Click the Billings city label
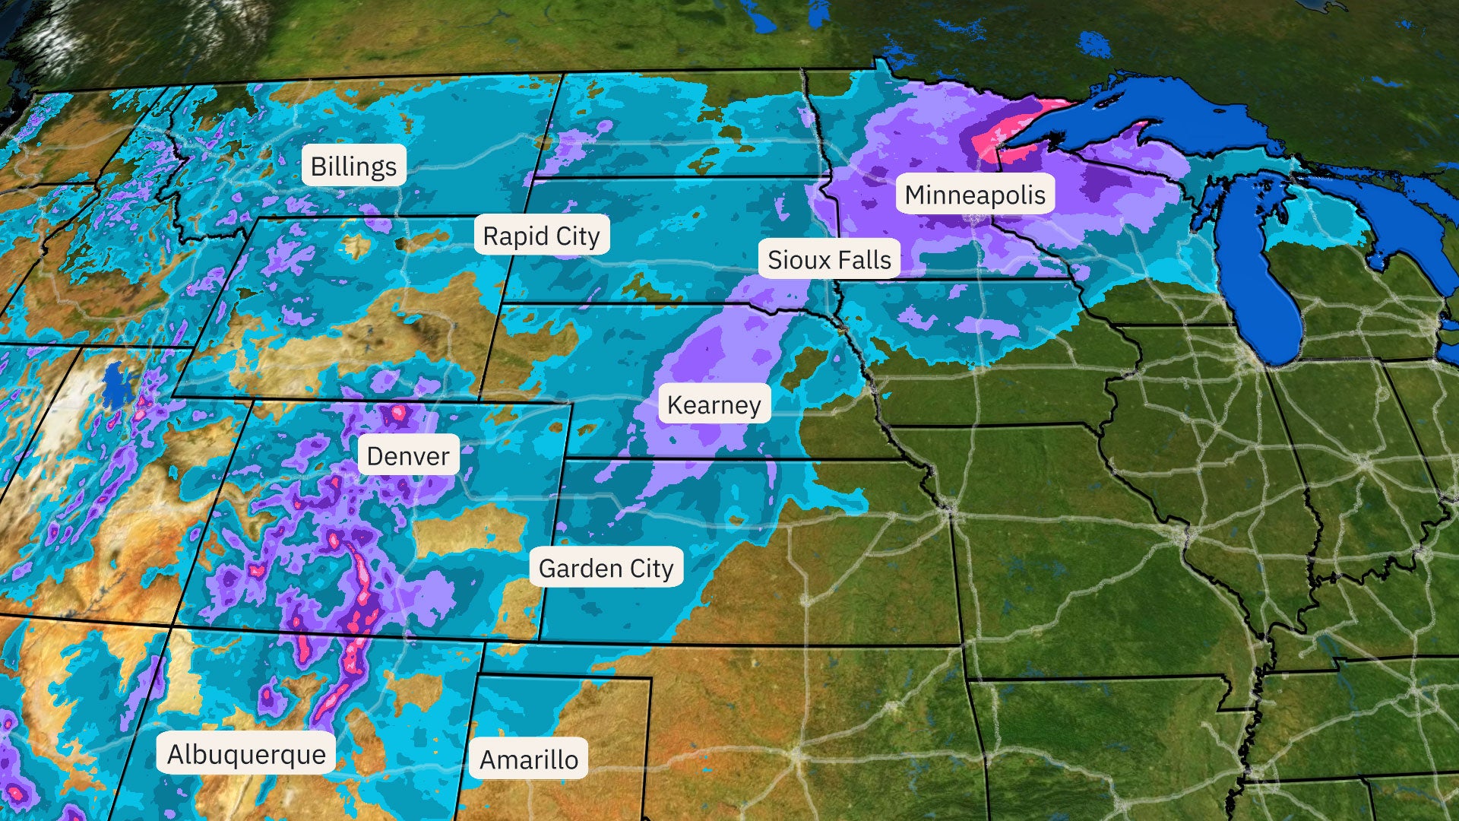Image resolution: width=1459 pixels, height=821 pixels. point(353,166)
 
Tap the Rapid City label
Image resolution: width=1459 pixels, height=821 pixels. point(541,236)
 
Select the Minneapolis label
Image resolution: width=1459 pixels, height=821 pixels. point(975,195)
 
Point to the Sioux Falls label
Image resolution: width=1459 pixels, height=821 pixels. point(829,259)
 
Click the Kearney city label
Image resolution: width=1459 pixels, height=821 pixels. point(714,404)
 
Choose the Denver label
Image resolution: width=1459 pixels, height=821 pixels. point(408,455)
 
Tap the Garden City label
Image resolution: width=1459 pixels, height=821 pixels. point(606,567)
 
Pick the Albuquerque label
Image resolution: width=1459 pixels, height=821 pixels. point(246,753)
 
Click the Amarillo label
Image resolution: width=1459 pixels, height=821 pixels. point(529,759)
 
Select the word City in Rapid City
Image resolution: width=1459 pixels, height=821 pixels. point(578,236)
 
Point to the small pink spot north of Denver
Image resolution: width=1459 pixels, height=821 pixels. point(397,414)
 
